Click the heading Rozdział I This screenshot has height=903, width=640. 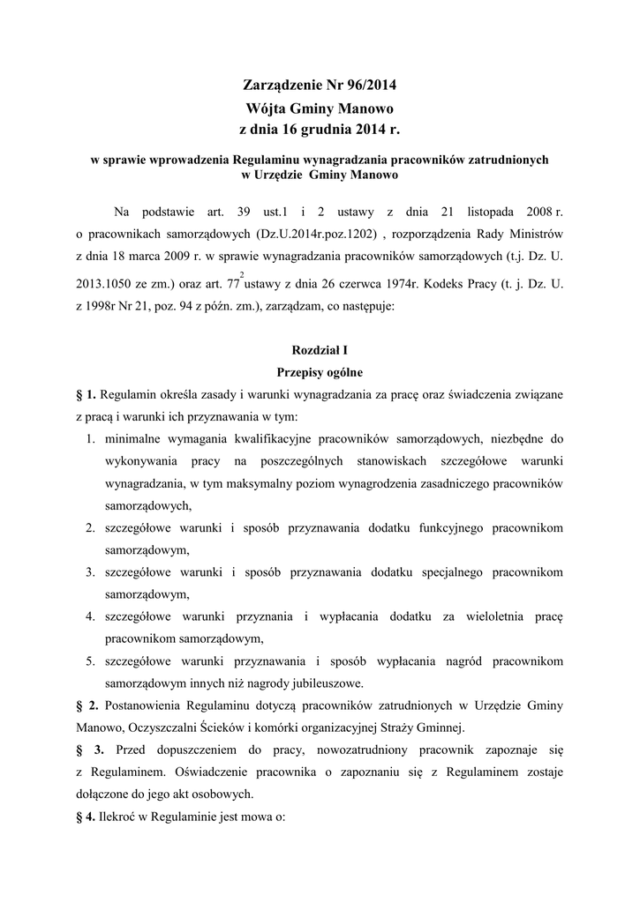[320, 350]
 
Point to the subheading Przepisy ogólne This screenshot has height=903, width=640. [320, 372]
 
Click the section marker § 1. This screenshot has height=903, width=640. [86, 394]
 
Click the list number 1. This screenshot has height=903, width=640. [91, 438]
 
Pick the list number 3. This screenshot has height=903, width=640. [91, 571]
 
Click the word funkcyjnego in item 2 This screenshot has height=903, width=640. [471, 527]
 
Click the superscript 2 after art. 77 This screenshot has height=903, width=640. [242, 274]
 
